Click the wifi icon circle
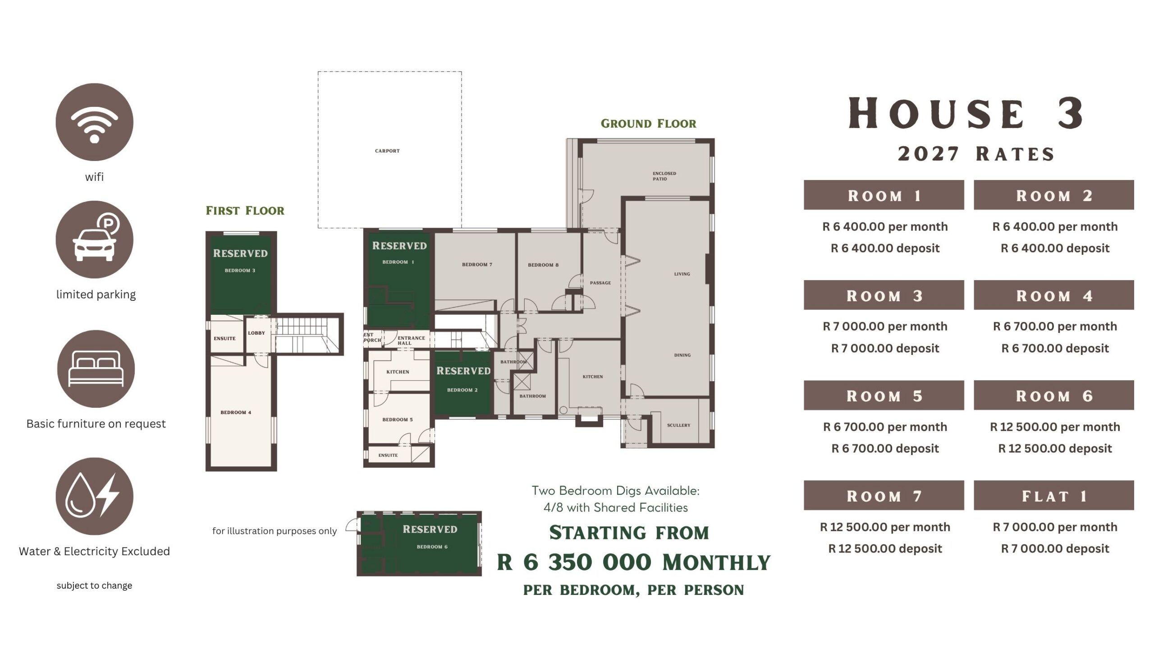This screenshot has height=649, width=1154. pyautogui.click(x=94, y=122)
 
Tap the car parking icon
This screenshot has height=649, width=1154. pyautogui.click(x=94, y=239)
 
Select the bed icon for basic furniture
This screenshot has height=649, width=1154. pyautogui.click(x=96, y=369)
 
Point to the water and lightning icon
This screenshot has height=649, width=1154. pyautogui.click(x=94, y=496)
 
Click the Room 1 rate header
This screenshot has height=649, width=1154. pyautogui.click(x=884, y=195)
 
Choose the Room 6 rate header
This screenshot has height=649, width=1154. pyautogui.click(x=1053, y=395)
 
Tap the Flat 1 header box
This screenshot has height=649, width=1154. pyautogui.click(x=1053, y=495)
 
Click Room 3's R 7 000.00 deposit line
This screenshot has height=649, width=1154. pyautogui.click(x=885, y=348)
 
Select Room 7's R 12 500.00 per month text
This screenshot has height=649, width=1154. pyautogui.click(x=885, y=527)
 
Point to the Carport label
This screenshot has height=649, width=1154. pyautogui.click(x=387, y=151)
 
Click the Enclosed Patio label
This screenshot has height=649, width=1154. pyautogui.click(x=664, y=176)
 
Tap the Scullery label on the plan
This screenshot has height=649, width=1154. pyautogui.click(x=678, y=425)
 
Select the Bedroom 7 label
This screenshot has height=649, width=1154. pyautogui.click(x=477, y=264)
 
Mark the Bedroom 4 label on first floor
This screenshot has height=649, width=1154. pyautogui.click(x=236, y=412)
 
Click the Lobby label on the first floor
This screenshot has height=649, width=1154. pyautogui.click(x=256, y=333)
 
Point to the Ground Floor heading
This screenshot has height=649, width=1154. pyautogui.click(x=648, y=124)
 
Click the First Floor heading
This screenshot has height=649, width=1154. pyautogui.click(x=245, y=211)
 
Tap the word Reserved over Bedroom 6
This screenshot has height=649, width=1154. pyautogui.click(x=430, y=529)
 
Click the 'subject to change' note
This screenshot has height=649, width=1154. pyautogui.click(x=94, y=585)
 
